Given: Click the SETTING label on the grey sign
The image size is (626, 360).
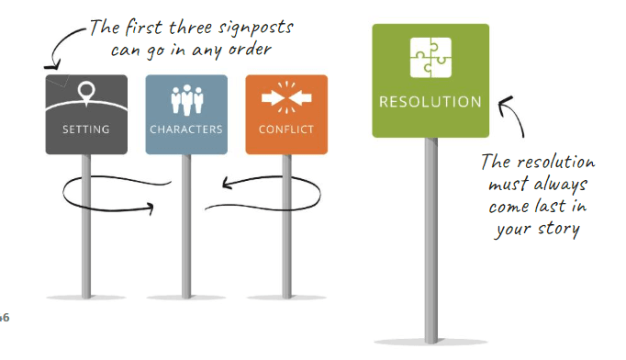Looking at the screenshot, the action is click(x=85, y=129).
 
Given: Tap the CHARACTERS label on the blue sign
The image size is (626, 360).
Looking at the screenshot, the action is click(x=185, y=129).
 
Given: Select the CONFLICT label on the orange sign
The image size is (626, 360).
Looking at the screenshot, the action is click(x=286, y=129).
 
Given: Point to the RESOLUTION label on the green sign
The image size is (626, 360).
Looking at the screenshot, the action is click(x=430, y=101).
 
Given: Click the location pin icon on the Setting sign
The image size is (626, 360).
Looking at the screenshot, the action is click(x=85, y=94).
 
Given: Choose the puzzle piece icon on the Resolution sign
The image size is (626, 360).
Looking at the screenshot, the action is click(x=430, y=57).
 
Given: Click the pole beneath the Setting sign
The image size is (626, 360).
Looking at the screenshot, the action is click(x=86, y=239).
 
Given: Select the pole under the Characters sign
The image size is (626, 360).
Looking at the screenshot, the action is click(x=186, y=248).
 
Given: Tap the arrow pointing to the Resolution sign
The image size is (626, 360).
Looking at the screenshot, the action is click(x=514, y=119).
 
